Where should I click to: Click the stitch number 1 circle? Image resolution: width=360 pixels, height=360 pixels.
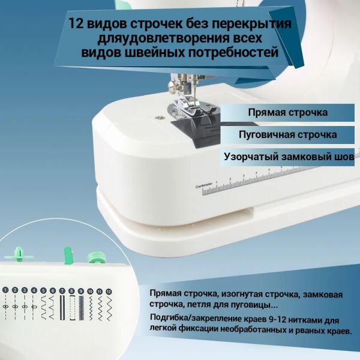coord(5,290)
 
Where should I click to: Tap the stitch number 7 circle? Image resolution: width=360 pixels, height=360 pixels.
coord(62,290)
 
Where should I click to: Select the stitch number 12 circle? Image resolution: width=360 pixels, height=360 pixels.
coord(108,291)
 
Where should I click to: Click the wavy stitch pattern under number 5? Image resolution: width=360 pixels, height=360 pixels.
coord(43,307)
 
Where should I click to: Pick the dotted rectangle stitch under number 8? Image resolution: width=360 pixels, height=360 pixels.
coord(71,307)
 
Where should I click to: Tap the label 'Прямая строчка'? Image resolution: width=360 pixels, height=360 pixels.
coord(287,112)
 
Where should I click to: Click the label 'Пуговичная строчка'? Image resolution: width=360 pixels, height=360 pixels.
coord(287,134)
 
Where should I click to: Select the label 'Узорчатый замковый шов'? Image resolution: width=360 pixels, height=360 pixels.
coord(287,156)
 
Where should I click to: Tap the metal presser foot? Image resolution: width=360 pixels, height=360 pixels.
coord(187,109)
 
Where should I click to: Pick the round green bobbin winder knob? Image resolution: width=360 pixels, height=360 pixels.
coord(94,258)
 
